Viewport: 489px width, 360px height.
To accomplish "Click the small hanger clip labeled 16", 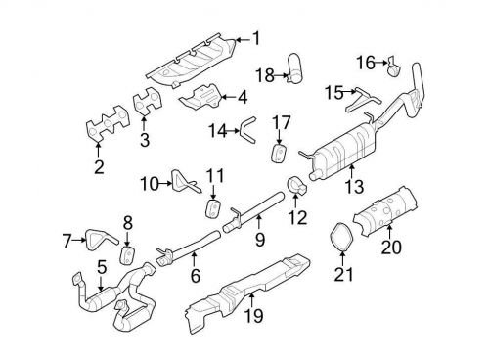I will [x=393, y=67].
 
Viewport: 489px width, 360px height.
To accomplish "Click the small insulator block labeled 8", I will [x=127, y=256].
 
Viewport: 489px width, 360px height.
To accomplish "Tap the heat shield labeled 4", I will [x=198, y=99].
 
